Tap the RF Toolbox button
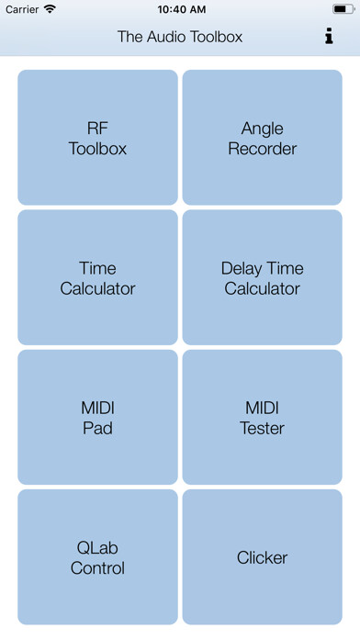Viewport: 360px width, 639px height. [97, 138]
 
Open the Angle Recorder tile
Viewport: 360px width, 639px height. [262, 138]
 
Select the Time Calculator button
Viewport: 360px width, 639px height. [97, 277]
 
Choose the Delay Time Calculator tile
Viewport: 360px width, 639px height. [262, 277]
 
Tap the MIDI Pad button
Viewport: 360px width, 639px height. [97, 418]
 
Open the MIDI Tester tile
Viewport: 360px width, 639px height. [262, 418]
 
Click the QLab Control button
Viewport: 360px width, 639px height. [97, 557]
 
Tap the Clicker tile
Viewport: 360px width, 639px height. [262, 557]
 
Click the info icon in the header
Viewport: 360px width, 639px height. [329, 37]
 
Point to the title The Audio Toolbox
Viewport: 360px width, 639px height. [180, 37]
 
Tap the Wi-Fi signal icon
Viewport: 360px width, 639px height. [50, 9]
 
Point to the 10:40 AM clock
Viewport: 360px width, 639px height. [180, 9]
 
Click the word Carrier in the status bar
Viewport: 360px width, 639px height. [22, 9]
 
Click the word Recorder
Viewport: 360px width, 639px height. [263, 149]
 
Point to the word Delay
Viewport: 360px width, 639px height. [241, 268]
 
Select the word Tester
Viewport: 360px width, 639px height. [263, 428]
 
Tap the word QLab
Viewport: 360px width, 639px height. [97, 548]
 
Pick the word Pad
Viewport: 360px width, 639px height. [97, 428]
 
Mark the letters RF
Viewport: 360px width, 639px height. [97, 129]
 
